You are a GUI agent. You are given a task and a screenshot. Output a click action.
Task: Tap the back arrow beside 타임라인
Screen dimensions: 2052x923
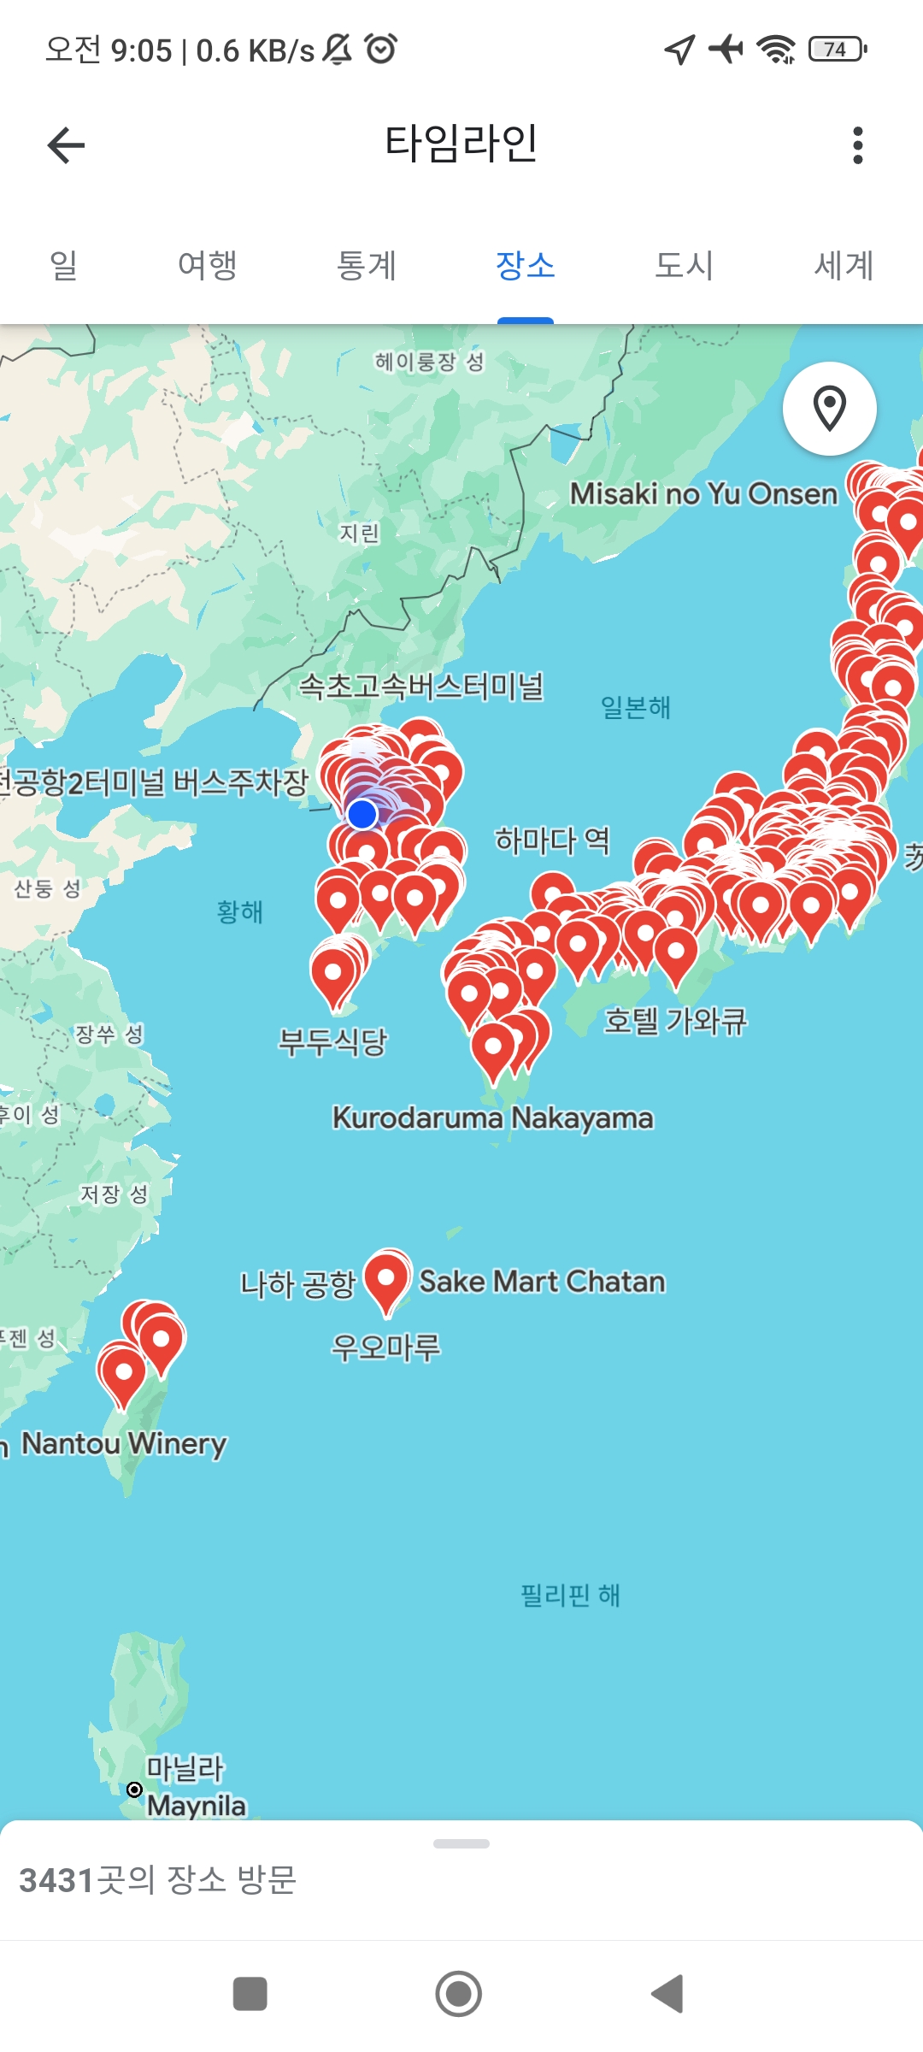point(66,145)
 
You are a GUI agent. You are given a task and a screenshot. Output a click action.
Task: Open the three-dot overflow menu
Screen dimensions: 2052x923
point(858,145)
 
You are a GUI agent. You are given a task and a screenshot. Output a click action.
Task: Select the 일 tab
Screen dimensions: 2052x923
point(64,265)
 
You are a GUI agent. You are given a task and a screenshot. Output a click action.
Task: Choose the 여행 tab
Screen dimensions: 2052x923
point(207,265)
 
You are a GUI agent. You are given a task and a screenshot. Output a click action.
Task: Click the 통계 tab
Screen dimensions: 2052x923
point(367,265)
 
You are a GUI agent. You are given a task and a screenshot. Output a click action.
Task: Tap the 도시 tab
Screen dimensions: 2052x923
point(684,265)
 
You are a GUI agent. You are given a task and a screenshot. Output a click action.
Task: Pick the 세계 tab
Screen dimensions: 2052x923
point(844,265)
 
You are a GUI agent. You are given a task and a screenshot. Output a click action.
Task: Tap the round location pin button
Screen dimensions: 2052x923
point(829,409)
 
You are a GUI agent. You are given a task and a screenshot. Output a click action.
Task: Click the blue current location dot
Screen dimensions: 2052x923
point(363,814)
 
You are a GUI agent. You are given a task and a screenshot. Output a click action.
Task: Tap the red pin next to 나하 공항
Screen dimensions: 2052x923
point(387,1279)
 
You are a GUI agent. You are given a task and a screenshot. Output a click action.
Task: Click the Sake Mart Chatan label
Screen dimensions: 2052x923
point(542,1282)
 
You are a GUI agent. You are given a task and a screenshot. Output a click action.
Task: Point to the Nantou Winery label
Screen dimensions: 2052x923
point(124,1443)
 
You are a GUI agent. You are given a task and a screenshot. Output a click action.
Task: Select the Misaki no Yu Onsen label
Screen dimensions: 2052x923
point(703,493)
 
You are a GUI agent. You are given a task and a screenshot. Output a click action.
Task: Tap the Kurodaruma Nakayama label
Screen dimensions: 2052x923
point(492,1117)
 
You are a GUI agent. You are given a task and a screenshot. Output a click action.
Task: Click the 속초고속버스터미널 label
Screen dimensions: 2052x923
point(420,686)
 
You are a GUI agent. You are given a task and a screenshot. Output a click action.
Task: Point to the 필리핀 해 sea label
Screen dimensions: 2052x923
point(570,1595)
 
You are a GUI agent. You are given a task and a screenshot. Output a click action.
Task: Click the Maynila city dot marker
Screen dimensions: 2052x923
point(134,1790)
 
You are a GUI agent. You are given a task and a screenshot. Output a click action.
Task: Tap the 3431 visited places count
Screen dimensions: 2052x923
point(158,1880)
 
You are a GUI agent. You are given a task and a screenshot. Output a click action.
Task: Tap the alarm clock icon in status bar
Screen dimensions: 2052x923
point(381,49)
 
